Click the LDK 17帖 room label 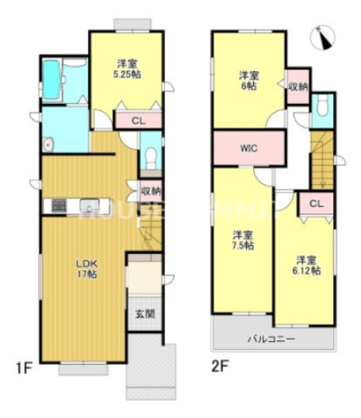point(86,269)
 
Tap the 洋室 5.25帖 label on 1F point(126,67)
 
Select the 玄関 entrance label point(145,313)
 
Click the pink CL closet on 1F point(137,121)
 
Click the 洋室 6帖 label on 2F point(248,80)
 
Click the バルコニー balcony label point(271,339)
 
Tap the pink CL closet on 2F point(316,203)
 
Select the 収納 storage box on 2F point(298,85)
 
